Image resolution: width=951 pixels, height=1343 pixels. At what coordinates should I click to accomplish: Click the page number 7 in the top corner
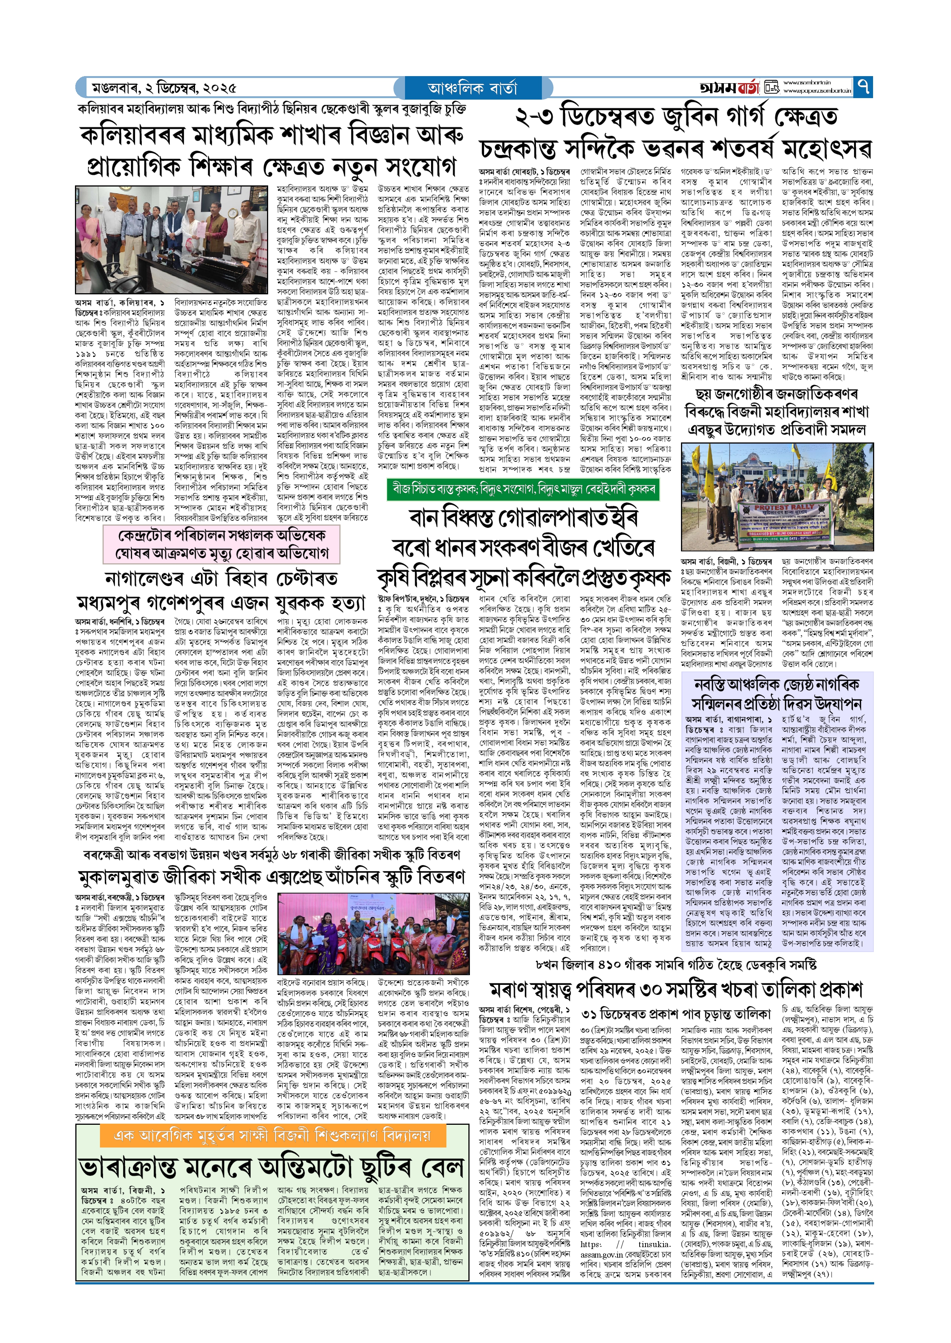click(x=863, y=87)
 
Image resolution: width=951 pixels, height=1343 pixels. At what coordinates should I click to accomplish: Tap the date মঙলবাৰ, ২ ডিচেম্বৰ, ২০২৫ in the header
click(x=164, y=88)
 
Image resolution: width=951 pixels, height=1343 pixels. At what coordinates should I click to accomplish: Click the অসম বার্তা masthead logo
click(x=729, y=88)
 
